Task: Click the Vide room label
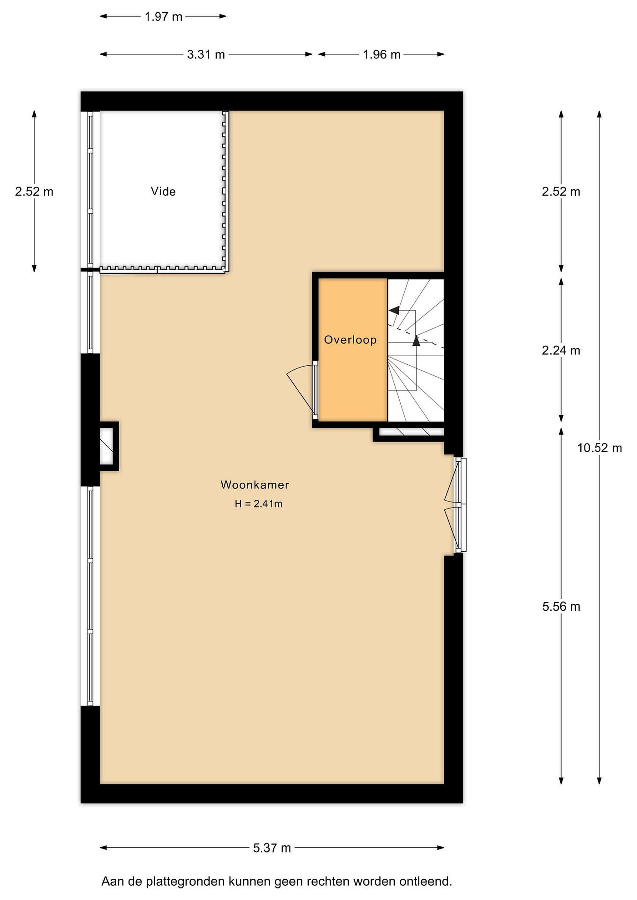click(163, 191)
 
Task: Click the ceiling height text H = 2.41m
click(259, 504)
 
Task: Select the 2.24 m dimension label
click(561, 350)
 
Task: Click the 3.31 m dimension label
click(206, 54)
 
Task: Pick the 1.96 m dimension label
click(382, 54)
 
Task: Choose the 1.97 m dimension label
click(164, 17)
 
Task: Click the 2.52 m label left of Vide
click(34, 191)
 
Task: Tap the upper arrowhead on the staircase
click(394, 310)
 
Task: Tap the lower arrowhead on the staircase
click(416, 341)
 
